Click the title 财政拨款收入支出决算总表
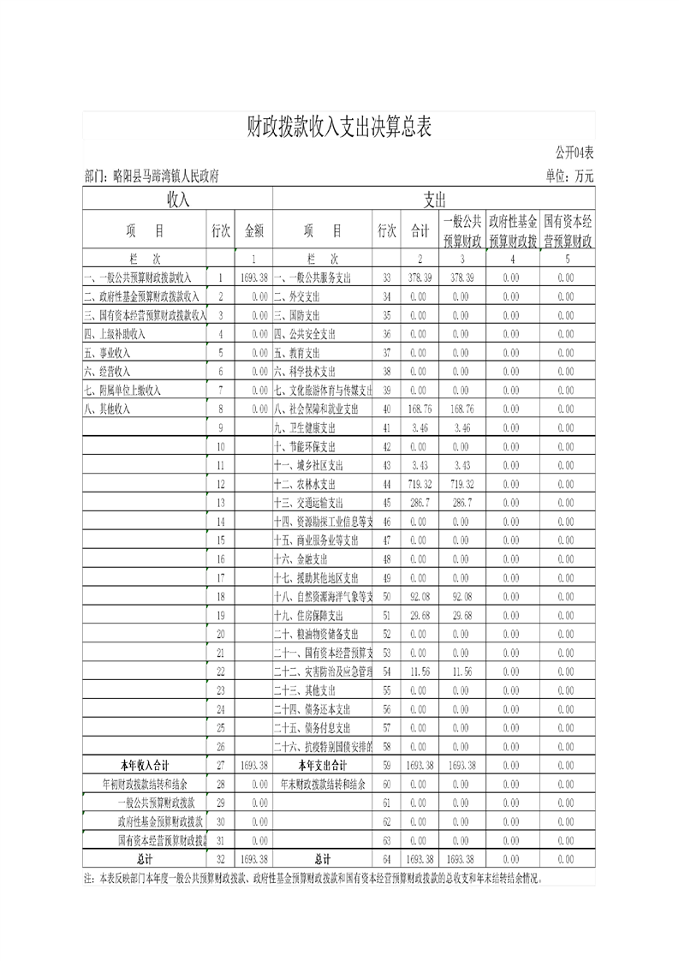(339, 127)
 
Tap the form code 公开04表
(573, 152)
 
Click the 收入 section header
(177, 200)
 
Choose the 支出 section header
(434, 200)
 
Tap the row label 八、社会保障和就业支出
(322, 409)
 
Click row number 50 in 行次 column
(386, 596)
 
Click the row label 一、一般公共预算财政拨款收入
(138, 278)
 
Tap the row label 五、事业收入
(106, 352)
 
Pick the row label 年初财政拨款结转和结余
(145, 784)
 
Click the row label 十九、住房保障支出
(308, 615)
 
